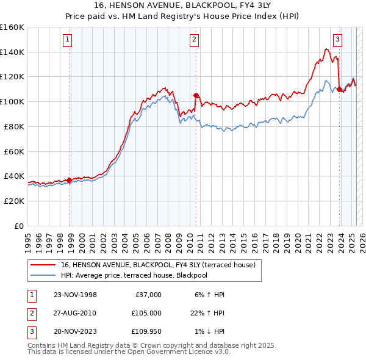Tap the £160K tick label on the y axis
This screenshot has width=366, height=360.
pos(12,27)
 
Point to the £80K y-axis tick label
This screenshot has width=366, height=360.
pos(14,126)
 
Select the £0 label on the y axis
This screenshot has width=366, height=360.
pos(19,226)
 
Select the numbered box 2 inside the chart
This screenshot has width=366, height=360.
pos(194,40)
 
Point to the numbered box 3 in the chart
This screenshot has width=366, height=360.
pos(337,40)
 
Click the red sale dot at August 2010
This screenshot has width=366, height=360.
pos(196,95)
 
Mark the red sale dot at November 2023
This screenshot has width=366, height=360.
pos(339,89)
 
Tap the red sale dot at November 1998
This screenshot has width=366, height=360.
pos(69,179)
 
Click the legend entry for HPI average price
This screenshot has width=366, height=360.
pos(134,275)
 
